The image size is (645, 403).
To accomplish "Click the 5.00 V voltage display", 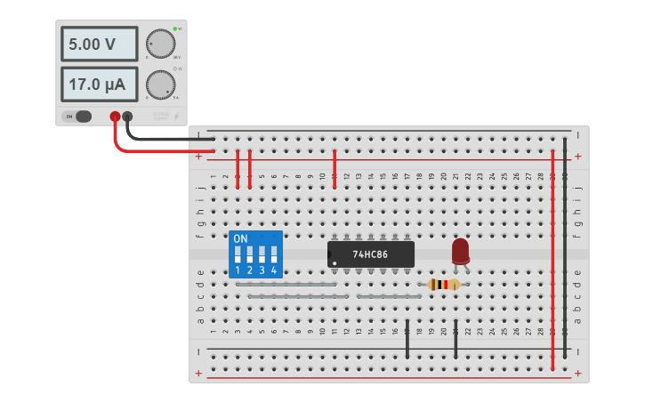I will pyautogui.click(x=99, y=44).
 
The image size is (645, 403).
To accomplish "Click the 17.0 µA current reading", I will pyautogui.click(x=99, y=85).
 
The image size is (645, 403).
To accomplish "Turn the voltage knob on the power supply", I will pyautogui.click(x=160, y=44).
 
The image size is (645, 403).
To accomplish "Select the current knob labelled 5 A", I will pyautogui.click(x=160, y=85).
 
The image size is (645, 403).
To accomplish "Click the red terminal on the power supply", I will pyautogui.click(x=115, y=117).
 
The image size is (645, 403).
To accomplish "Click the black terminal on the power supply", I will pyautogui.click(x=128, y=117).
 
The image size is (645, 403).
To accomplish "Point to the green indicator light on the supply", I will pyautogui.click(x=174, y=28).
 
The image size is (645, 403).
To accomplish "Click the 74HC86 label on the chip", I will pyautogui.click(x=371, y=254).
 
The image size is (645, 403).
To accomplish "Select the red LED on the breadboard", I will pyautogui.click(x=460, y=250).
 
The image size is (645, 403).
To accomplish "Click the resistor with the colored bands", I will pyautogui.click(x=443, y=285).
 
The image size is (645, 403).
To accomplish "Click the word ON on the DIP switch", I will pyautogui.click(x=240, y=238).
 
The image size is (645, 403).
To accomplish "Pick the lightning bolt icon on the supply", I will pyautogui.click(x=176, y=117).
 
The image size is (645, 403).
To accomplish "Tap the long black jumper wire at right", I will pyautogui.click(x=565, y=249).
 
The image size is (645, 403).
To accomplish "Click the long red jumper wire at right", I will pyautogui.click(x=552, y=258).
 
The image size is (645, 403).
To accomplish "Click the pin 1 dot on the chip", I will pyautogui.click(x=334, y=263).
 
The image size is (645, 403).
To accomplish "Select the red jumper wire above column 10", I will pyautogui.click(x=334, y=169).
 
